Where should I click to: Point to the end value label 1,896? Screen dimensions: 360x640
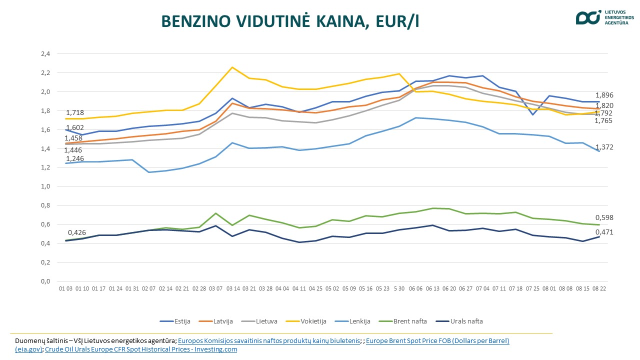coord(604,95)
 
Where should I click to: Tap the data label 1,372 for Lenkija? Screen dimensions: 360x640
coord(604,147)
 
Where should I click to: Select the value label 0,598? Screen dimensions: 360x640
coord(604,217)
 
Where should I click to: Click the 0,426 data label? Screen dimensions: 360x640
coord(76,232)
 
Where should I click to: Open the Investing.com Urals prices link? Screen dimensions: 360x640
coord(141,349)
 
